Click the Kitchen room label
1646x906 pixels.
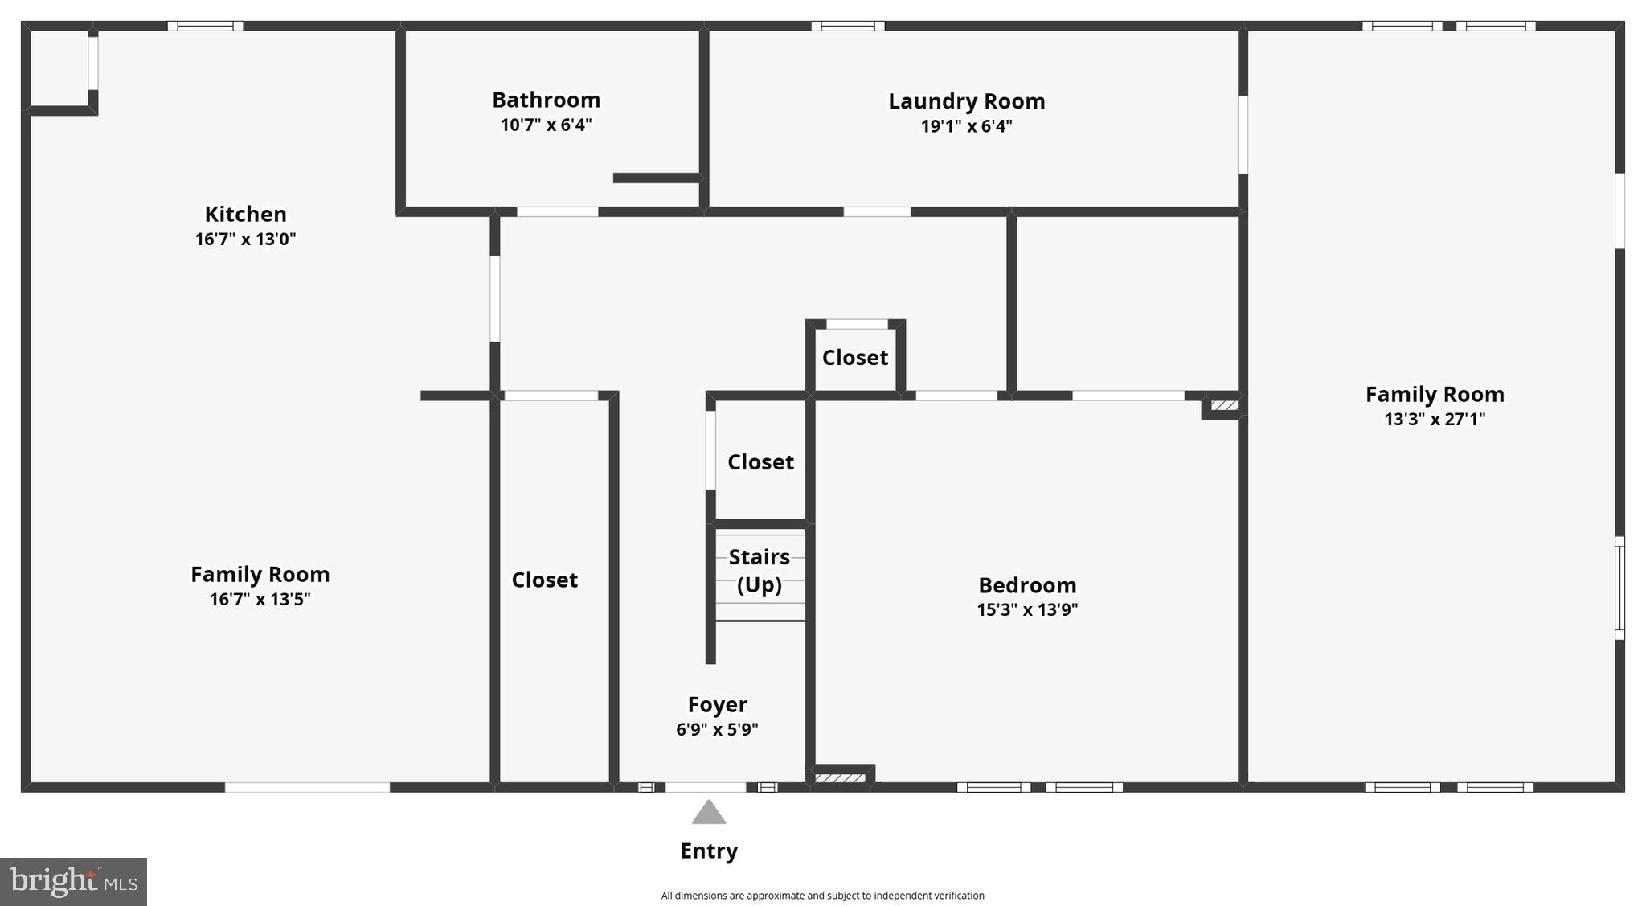click(245, 214)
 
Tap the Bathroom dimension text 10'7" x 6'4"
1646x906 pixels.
click(546, 125)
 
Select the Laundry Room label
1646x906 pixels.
click(966, 101)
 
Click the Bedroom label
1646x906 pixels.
click(1026, 584)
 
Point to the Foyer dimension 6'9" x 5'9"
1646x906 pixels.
click(717, 729)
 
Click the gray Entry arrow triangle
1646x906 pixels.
click(708, 813)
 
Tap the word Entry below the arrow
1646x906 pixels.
click(708, 851)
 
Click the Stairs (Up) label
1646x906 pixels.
click(759, 570)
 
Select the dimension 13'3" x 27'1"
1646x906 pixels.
click(1434, 419)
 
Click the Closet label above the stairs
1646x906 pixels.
click(760, 461)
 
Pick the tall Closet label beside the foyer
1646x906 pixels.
click(544, 580)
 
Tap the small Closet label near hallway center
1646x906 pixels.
click(854, 357)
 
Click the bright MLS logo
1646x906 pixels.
click(73, 881)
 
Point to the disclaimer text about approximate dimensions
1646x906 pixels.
click(822, 896)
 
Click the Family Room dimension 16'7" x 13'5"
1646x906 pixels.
click(260, 599)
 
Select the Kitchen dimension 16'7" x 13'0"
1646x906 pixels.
click(245, 239)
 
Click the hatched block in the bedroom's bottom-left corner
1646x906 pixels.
click(840, 777)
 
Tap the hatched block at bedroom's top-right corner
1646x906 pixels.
click(1223, 405)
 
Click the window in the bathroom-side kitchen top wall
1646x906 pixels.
click(205, 26)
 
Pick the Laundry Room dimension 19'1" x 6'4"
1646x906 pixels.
click(966, 126)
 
